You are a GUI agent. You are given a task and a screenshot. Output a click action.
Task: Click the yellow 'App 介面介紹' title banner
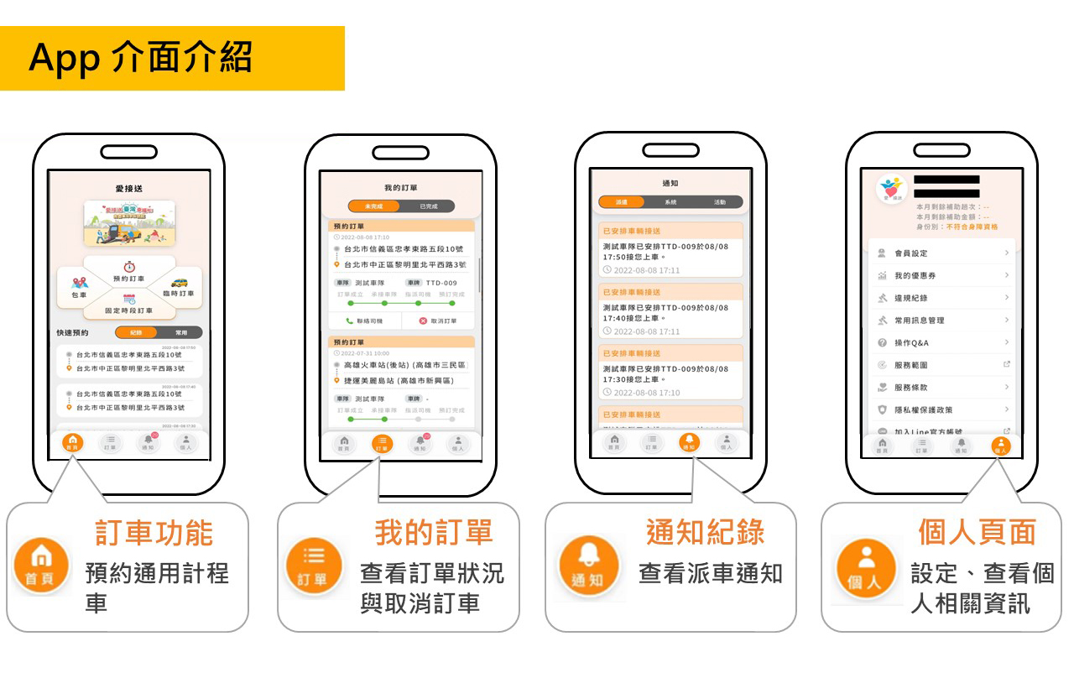[172, 58]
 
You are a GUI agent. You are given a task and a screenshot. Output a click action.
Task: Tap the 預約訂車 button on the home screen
[129, 272]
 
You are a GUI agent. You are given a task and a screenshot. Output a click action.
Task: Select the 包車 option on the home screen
[80, 289]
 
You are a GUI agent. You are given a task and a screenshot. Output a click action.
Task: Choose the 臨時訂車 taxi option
[178, 288]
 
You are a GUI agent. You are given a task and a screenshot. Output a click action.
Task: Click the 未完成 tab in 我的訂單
[372, 206]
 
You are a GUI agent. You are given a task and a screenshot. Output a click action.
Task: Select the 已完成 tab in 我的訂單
[428, 206]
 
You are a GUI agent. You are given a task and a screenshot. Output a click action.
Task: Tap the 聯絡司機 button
[364, 321]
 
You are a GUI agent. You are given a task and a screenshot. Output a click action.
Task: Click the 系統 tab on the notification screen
[670, 202]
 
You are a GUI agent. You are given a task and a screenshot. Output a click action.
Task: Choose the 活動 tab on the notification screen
[719, 202]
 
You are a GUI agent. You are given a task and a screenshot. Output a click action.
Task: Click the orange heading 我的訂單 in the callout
[433, 533]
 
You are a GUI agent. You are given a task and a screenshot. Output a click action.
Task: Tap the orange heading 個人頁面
[977, 533]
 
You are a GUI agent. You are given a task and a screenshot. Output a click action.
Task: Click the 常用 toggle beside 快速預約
[181, 332]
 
